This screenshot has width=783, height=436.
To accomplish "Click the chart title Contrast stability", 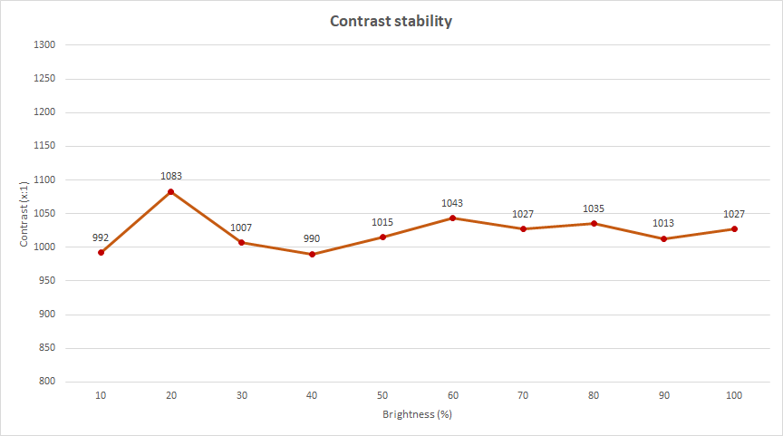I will (391, 21).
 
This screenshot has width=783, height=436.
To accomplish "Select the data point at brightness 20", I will (170, 191).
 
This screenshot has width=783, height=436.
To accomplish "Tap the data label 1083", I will (171, 176).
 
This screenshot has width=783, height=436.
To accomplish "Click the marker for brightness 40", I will (312, 254).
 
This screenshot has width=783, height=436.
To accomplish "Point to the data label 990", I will (312, 238).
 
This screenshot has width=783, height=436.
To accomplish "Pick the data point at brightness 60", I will (452, 218).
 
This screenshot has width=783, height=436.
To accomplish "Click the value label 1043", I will (452, 203).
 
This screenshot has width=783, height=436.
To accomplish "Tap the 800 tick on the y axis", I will (47, 382).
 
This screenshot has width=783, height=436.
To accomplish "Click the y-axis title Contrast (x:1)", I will (24, 213).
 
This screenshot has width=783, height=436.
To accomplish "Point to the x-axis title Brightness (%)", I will (417, 414).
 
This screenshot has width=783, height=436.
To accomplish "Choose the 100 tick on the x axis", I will (734, 396).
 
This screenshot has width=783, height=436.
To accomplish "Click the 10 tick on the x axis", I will (101, 396).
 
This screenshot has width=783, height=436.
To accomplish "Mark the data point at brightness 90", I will (664, 238).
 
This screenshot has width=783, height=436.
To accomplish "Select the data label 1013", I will (664, 223).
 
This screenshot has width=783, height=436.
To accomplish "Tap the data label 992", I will (101, 237).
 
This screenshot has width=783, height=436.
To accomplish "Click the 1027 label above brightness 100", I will (734, 214).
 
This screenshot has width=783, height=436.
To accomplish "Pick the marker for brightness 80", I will (594, 223).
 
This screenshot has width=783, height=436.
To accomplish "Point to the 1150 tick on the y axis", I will (44, 145).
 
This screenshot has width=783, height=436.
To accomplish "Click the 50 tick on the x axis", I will (382, 396).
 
